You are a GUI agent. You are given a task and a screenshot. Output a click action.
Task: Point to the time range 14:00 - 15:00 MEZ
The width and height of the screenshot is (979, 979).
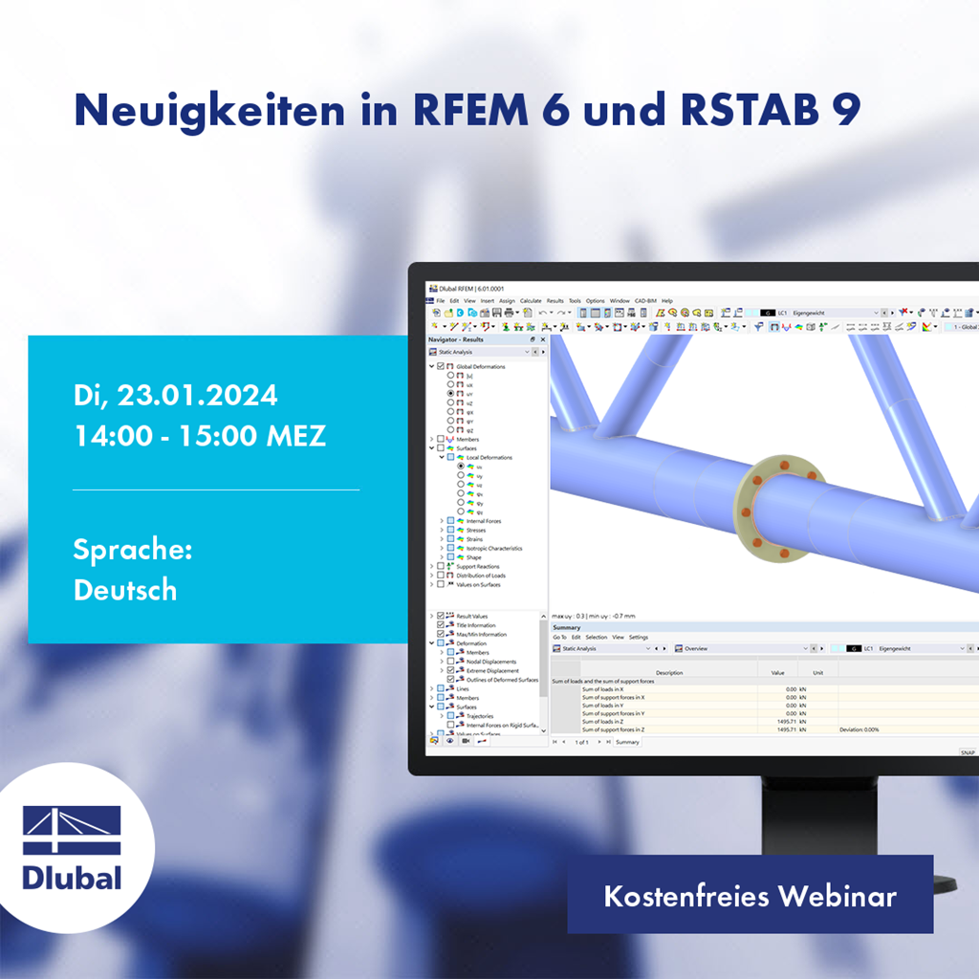[200, 436]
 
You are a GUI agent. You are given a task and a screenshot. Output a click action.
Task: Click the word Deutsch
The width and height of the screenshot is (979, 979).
[125, 590]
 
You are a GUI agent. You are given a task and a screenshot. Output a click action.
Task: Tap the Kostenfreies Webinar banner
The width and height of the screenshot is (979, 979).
[750, 896]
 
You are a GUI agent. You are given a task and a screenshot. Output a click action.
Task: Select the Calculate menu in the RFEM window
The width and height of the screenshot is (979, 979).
[531, 300]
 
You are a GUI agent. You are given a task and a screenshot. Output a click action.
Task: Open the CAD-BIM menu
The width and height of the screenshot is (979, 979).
[645, 300]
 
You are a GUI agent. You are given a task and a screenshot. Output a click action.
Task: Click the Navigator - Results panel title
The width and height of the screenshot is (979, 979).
[456, 339]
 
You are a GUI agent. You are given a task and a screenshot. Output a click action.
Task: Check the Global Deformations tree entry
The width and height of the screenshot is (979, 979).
[480, 366]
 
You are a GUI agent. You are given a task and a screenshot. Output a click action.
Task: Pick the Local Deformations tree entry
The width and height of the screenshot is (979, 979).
[489, 457]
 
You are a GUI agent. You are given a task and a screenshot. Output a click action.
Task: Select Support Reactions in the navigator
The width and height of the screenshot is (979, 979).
[478, 567]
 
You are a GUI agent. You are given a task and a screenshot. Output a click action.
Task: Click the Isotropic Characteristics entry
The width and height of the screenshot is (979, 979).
[494, 548]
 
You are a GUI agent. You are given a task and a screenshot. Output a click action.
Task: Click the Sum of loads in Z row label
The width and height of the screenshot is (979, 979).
[614, 721]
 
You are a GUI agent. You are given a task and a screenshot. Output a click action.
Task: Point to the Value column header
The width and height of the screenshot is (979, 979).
[776, 672]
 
